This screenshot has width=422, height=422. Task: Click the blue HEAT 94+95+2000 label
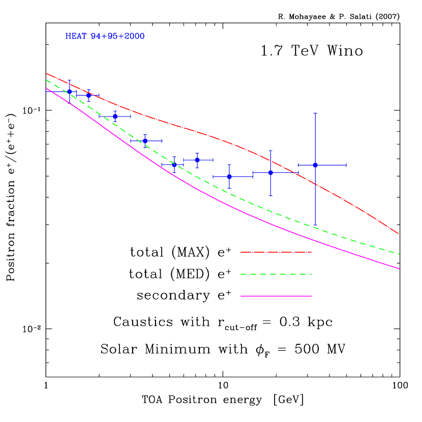(105, 37)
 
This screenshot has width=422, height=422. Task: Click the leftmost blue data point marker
(69, 92)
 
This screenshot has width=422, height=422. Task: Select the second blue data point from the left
(88, 95)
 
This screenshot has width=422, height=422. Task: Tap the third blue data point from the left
(115, 116)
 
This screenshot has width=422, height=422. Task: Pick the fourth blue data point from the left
(145, 141)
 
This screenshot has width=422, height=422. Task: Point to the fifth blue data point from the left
(174, 164)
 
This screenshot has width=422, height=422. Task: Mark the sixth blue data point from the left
(197, 160)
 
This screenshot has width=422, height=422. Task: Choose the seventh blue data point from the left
(229, 176)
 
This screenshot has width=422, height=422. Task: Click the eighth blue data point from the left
(270, 172)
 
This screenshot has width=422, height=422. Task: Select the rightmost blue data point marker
(315, 165)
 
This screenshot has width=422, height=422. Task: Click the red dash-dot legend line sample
(276, 252)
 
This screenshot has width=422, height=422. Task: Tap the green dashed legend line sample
(276, 274)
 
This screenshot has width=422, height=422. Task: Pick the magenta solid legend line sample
(276, 296)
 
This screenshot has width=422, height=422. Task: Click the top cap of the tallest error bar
(315, 113)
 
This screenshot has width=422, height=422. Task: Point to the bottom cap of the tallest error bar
(315, 225)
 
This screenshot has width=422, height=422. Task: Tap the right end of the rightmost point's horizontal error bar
(346, 165)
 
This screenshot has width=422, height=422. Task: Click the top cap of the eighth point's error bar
(270, 150)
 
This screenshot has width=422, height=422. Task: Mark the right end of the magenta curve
(400, 268)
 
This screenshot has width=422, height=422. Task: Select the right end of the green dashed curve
(400, 254)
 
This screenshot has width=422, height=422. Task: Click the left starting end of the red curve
(46, 73)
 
